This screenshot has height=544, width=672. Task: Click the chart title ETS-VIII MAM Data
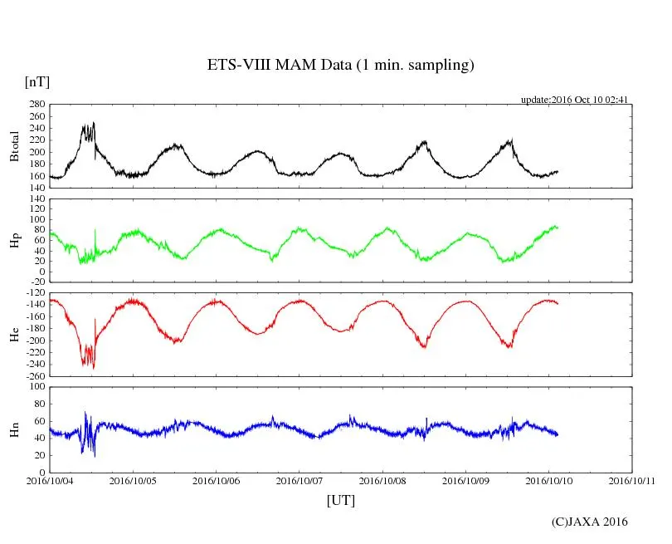click(340, 66)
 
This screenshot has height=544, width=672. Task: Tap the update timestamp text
click(574, 100)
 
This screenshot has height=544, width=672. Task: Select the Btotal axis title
click(14, 146)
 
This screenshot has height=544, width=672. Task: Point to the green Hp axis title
click(14, 240)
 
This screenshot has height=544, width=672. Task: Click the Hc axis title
click(14, 334)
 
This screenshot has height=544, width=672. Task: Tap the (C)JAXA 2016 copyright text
click(590, 522)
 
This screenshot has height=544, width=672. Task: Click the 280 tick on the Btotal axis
click(36, 105)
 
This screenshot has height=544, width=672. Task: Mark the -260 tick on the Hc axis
click(33, 375)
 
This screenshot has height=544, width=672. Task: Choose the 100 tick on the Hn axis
click(36, 386)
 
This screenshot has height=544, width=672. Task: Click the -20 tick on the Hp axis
click(36, 282)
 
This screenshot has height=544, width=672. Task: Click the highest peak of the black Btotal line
click(94, 123)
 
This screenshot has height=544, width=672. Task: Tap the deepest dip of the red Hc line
click(94, 369)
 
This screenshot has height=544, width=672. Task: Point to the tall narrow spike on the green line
click(95, 230)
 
